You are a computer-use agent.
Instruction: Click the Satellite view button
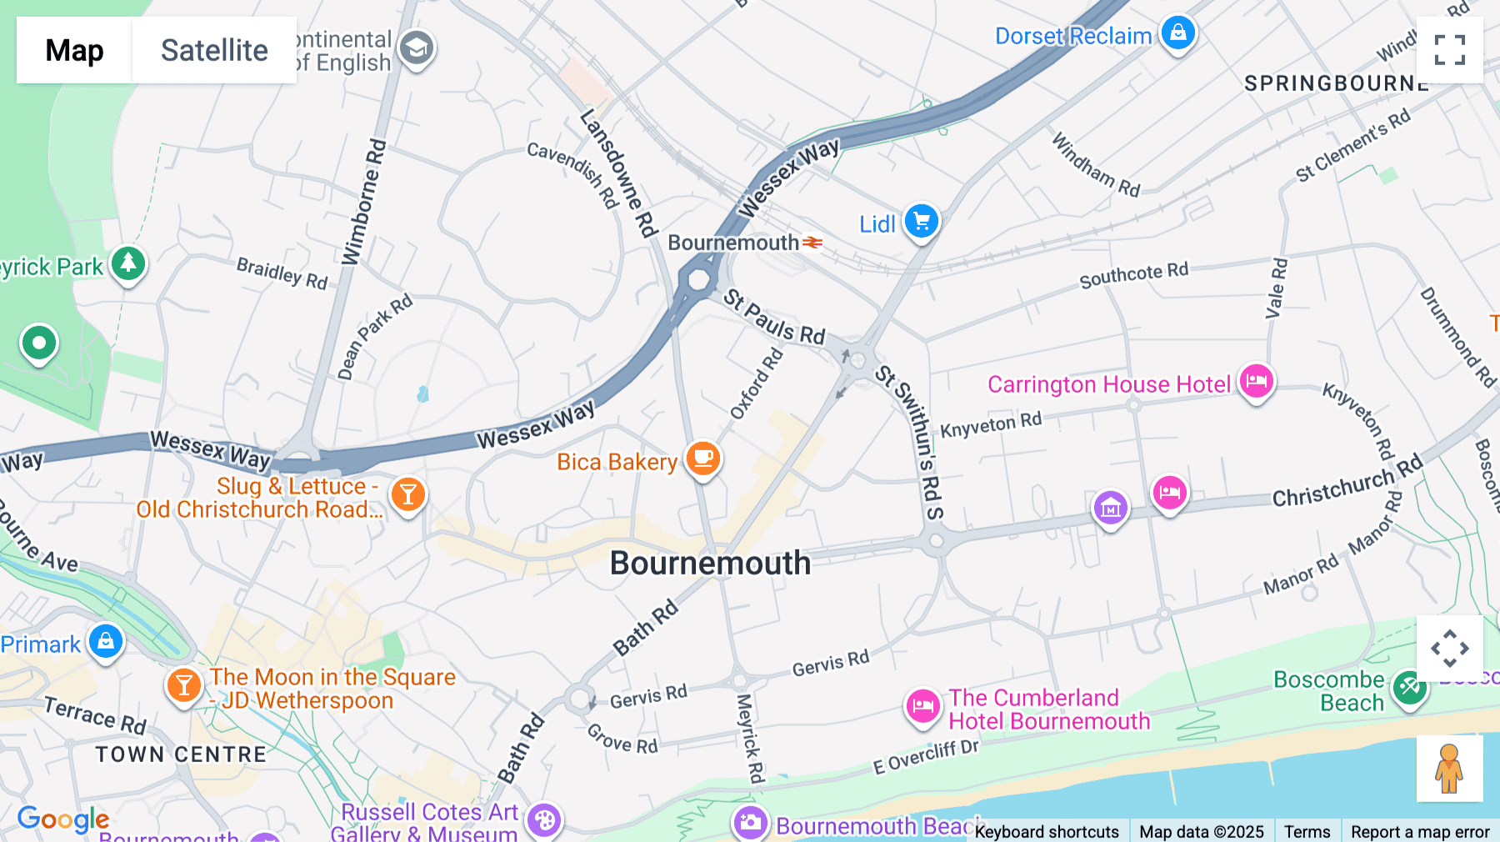coord(214,50)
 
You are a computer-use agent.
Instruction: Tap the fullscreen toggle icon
coord(1449,50)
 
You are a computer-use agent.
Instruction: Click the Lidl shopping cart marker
coord(921,222)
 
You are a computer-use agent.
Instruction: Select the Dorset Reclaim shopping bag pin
coord(1177,33)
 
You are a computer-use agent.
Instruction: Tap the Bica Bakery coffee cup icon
coord(702,459)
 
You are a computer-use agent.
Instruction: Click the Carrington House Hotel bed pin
coord(1256,382)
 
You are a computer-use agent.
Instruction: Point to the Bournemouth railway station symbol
coord(812,243)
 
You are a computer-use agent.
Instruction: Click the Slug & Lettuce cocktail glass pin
coord(407,495)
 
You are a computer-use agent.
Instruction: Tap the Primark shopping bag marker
coord(106,641)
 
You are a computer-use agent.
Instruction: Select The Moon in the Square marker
coord(183,686)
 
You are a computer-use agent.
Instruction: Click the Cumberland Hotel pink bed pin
coord(922,707)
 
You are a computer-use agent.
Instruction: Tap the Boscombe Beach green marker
coord(1409,689)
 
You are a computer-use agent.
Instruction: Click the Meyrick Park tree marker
coord(127,264)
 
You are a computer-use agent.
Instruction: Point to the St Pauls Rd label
coord(773,318)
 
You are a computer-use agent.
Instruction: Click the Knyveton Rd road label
coord(991,424)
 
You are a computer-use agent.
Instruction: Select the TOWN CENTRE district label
coord(181,754)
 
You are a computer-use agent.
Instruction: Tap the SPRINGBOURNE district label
coord(1336,83)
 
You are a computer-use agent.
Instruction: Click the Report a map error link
coord(1420,831)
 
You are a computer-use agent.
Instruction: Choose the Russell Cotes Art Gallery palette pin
coord(544,820)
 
